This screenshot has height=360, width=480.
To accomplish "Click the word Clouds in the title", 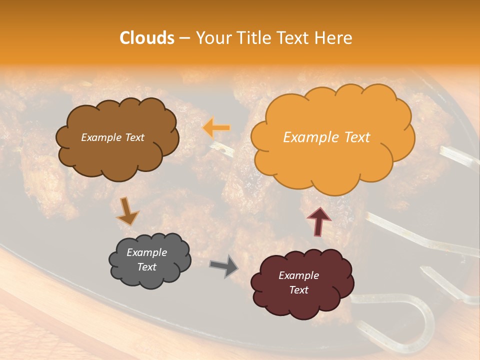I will [147, 38].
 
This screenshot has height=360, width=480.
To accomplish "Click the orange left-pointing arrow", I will [216, 128].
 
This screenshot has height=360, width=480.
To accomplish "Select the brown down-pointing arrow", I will [127, 211].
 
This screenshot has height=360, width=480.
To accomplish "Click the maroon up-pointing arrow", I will [318, 220].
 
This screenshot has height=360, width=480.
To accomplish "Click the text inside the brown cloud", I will [112, 137].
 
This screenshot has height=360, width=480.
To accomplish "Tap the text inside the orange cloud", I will [326, 137].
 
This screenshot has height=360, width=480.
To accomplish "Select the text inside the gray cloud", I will [147, 259].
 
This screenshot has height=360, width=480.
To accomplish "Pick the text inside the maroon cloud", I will [298, 282].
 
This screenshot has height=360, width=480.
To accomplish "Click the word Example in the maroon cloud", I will [298, 275].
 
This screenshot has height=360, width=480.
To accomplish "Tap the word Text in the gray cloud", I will [147, 267].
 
